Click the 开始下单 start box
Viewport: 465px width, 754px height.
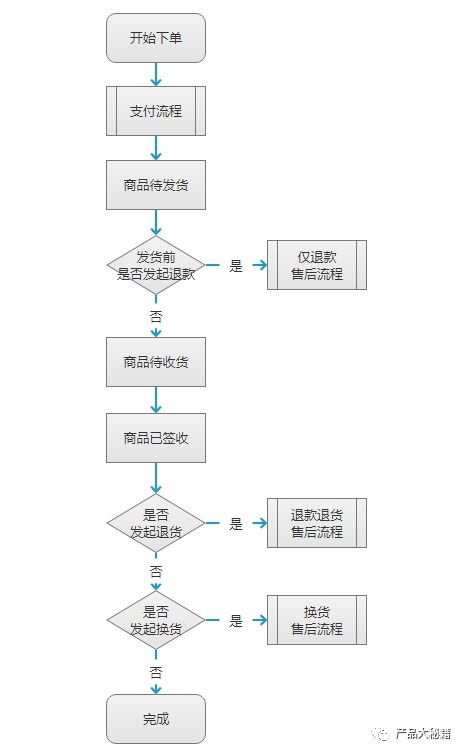coord(155,38)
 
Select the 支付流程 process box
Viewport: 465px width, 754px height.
coord(155,111)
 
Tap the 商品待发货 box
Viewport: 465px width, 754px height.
coord(155,184)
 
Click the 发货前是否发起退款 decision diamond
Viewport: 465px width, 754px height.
coord(155,265)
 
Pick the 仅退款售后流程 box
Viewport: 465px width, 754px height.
coord(316,265)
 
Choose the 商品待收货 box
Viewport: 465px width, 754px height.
coord(155,362)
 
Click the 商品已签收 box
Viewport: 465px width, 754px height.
coord(155,438)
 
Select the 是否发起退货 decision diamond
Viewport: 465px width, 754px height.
coord(155,523)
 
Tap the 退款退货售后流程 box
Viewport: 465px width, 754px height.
coord(316,523)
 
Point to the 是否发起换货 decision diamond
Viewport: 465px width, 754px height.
coord(155,620)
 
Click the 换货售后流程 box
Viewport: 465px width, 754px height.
coord(316,620)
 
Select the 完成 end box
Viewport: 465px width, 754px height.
coord(155,718)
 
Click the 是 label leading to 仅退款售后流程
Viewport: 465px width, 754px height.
coord(236,266)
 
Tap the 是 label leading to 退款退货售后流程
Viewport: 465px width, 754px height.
coord(236,524)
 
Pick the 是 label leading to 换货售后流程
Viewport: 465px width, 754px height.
coord(236,621)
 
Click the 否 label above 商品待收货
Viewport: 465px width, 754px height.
coord(156,315)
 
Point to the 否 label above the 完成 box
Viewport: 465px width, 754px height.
coord(156,672)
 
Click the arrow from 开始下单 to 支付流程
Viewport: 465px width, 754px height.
coord(156,75)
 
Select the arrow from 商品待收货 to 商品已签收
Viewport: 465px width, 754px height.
coord(156,400)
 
